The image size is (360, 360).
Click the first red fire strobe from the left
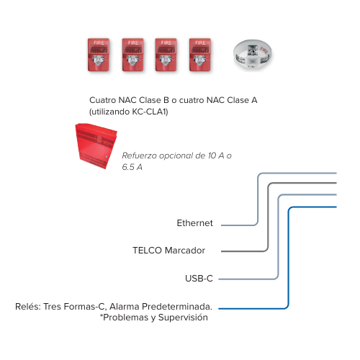point(99,55)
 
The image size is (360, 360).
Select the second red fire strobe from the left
point(132,55)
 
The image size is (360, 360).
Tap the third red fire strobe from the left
point(166,55)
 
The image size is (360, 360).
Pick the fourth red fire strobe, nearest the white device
point(200,55)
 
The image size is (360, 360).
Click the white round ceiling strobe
point(253,55)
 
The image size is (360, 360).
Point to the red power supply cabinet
point(96,146)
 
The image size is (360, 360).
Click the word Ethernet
point(194,223)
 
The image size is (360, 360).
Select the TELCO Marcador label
point(168,251)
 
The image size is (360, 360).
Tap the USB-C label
point(199,279)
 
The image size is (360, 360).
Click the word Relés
point(28,307)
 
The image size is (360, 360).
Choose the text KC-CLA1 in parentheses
point(149,112)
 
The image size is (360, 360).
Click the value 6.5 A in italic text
point(132,167)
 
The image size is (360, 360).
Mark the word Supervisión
point(183,318)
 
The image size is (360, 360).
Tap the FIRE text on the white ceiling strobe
point(264,50)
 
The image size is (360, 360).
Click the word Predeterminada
point(177,307)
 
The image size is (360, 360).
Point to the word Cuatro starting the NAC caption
point(102,100)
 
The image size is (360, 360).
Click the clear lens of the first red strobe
point(99,60)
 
